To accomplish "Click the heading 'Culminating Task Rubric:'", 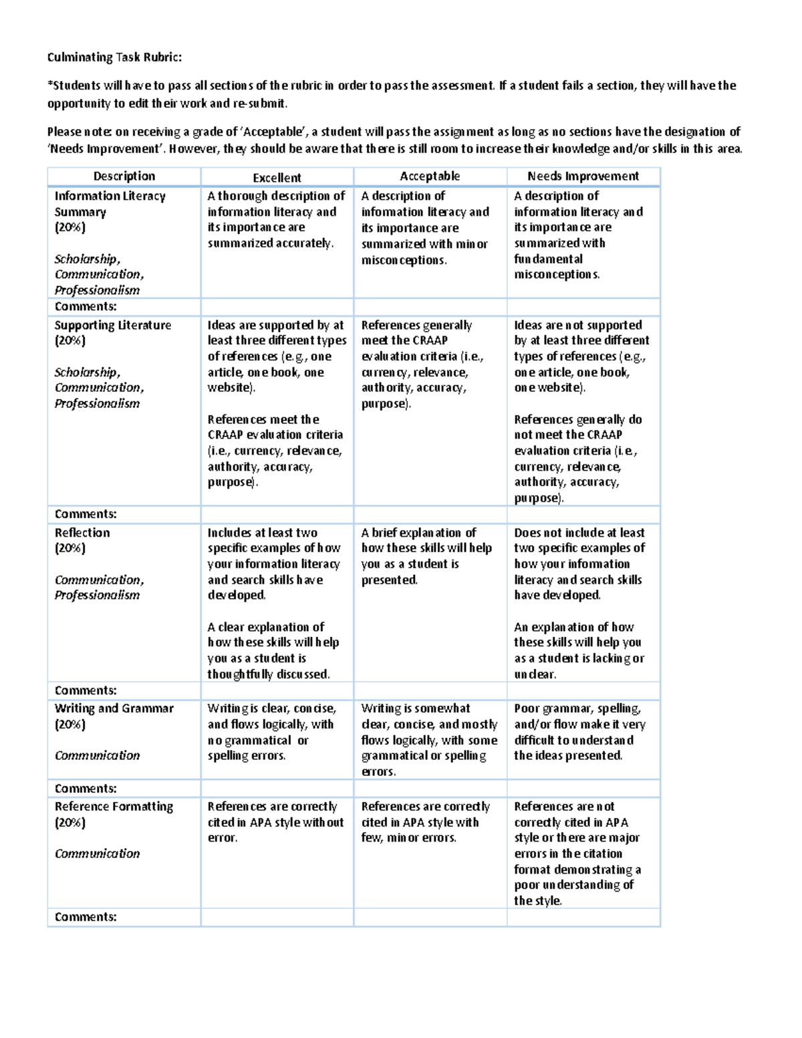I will [x=114, y=57].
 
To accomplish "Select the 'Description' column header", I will [x=124, y=176].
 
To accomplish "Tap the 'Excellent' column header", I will [x=277, y=178].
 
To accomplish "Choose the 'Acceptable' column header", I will [x=430, y=176].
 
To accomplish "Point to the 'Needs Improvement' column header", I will [x=583, y=176].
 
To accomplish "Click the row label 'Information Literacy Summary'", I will [x=110, y=204].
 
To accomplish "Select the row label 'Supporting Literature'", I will [x=112, y=326].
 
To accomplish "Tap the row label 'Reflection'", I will [x=82, y=533].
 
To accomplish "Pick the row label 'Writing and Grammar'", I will [x=114, y=708].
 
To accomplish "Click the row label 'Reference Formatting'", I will [x=114, y=807].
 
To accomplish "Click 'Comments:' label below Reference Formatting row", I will [x=86, y=917].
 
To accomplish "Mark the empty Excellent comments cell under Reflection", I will [x=277, y=690].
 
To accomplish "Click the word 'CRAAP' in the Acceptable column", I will [x=429, y=341].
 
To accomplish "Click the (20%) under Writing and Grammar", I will [x=70, y=725].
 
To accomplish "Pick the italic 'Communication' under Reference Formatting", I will [x=97, y=854].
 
